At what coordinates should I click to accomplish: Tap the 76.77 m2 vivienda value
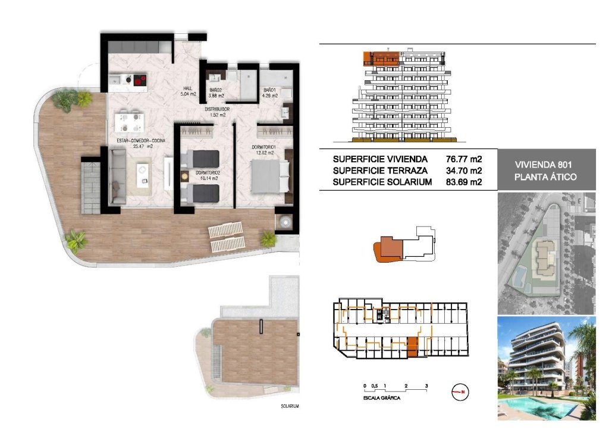pos(463,159)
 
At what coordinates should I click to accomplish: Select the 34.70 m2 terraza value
pos(463,171)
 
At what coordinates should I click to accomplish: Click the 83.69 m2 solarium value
pos(463,182)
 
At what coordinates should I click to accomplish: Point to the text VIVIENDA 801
pos(546,165)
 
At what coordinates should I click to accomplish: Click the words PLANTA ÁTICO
pos(546,177)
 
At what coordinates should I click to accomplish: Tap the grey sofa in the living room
pos(117,176)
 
